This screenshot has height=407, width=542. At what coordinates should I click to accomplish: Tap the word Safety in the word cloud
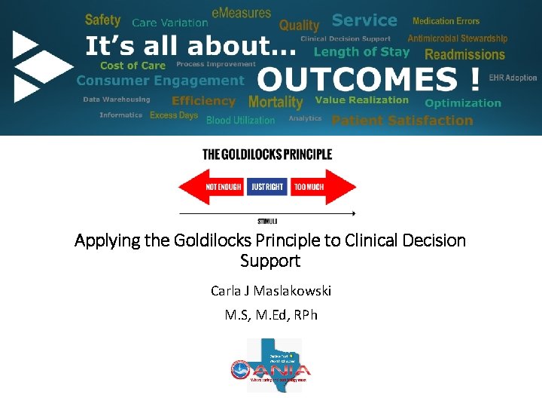(x=102, y=20)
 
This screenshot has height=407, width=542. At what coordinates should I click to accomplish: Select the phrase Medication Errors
(x=446, y=21)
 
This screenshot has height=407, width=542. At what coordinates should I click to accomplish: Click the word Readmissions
(x=464, y=54)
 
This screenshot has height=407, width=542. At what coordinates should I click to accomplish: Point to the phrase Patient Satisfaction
(x=402, y=120)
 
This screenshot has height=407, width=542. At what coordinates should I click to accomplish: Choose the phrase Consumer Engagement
(x=160, y=81)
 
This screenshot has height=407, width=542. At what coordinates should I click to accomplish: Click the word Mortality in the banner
(x=275, y=102)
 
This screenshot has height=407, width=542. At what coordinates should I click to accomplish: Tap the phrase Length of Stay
(x=361, y=52)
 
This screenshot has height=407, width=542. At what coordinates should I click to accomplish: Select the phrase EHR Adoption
(x=513, y=78)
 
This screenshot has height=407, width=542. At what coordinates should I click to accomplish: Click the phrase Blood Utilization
(x=240, y=120)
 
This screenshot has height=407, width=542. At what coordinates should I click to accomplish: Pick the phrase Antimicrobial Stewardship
(x=457, y=38)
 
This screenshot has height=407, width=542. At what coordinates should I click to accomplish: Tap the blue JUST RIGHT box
(x=266, y=186)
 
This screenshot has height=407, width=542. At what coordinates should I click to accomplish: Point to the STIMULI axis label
(x=267, y=221)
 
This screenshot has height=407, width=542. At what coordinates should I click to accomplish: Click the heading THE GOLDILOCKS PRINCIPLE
(x=266, y=155)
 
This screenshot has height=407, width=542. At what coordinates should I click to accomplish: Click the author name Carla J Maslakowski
(x=271, y=290)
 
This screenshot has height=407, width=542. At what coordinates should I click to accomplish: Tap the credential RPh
(x=305, y=314)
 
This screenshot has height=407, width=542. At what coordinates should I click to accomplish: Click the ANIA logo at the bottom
(x=270, y=366)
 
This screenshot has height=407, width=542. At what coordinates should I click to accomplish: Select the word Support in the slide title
(x=270, y=261)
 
